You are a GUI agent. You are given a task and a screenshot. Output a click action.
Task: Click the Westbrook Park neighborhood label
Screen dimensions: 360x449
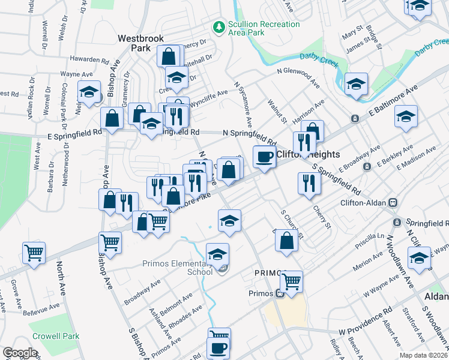[x=140, y=43]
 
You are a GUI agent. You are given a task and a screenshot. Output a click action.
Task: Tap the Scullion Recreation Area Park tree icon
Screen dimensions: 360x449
[x=218, y=26]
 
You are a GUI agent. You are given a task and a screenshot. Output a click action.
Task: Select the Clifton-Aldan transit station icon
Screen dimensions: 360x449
[x=394, y=203]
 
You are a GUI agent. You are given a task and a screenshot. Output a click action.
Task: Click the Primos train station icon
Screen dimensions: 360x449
[x=279, y=294]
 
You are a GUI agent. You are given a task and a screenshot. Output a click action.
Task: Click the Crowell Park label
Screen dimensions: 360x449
[x=56, y=337]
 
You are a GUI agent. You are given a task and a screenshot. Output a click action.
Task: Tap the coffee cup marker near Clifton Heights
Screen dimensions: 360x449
[x=264, y=157]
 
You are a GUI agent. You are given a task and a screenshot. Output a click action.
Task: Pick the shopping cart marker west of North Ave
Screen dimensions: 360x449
[x=34, y=253]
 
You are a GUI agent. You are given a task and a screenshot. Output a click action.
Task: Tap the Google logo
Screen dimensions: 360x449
[x=19, y=352]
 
